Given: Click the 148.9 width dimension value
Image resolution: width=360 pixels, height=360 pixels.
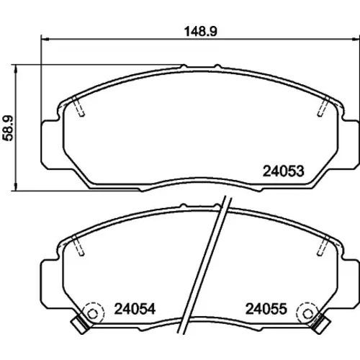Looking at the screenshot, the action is (201, 32).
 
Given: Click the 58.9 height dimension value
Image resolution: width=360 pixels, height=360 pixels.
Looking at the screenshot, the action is (8, 128).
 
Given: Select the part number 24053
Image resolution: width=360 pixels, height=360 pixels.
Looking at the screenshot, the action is (284, 171).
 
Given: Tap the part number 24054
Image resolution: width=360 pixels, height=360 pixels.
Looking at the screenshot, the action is (135, 309).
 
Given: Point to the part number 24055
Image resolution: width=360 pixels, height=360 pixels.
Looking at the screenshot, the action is (266, 309).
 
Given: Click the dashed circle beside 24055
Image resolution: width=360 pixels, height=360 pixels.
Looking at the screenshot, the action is (307, 313).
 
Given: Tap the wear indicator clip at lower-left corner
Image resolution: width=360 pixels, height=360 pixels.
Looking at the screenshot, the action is (81, 325).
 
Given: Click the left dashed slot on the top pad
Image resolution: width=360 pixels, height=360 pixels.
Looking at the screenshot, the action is (78, 107).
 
